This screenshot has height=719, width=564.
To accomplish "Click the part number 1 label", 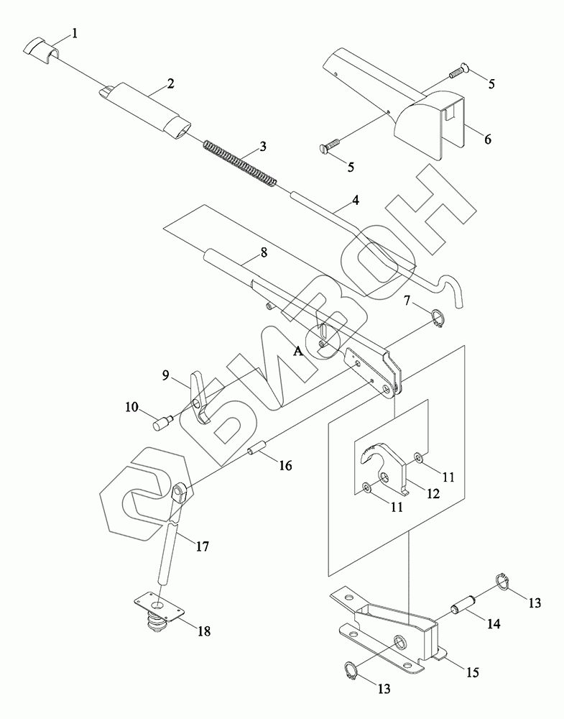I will click(75, 33).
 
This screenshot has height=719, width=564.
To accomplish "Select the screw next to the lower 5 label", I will click(327, 149).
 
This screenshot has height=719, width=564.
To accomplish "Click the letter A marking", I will click(299, 350).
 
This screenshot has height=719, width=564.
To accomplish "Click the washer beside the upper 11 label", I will click(418, 456).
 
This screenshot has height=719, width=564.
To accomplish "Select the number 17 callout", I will click(202, 546).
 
